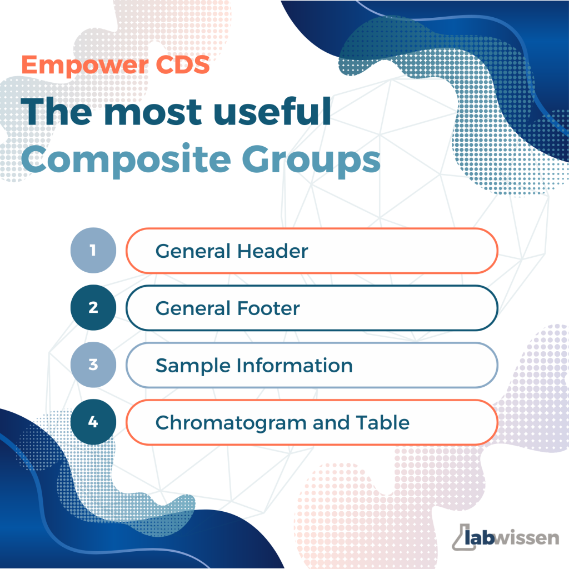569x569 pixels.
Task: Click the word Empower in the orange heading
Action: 85,66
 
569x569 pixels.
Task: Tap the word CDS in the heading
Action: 182,65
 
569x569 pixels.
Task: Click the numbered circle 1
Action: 93,251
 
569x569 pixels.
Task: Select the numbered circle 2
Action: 93,308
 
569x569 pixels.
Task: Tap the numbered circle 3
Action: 93,365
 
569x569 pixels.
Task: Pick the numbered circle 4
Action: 93,422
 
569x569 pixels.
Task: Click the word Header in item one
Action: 272,251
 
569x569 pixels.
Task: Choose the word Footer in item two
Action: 268,308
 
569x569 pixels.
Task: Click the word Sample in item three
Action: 193,366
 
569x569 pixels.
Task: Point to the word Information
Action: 295,366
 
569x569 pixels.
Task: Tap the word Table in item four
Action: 382,422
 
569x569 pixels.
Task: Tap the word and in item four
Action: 331,423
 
